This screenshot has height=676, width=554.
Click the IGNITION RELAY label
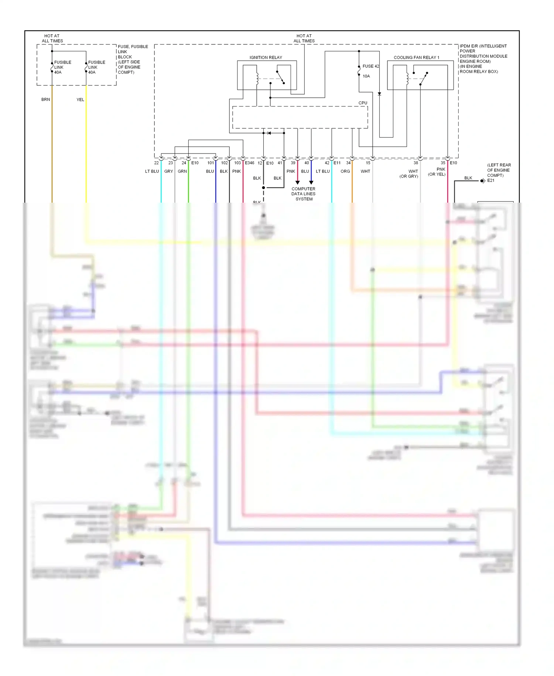(266, 57)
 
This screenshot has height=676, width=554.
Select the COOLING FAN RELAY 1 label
(416, 57)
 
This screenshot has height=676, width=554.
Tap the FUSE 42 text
(370, 66)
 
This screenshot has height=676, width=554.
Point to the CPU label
(363, 103)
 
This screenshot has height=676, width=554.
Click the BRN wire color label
(45, 99)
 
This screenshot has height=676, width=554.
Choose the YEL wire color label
(80, 99)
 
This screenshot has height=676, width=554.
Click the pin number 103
(237, 163)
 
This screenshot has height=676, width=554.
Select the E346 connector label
(250, 163)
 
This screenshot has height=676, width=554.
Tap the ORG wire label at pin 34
(345, 171)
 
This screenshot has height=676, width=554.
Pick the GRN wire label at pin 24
(182, 171)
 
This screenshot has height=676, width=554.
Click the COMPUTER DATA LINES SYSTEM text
(304, 194)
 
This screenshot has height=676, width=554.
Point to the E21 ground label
(490, 180)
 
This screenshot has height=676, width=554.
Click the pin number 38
(415, 163)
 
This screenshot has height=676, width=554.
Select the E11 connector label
(337, 163)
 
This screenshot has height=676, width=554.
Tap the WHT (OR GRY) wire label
(409, 174)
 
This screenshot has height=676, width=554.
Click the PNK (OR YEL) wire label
(437, 172)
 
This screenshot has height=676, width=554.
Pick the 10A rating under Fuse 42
(366, 76)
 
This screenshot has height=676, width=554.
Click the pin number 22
(156, 163)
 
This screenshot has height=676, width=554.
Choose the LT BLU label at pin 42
(322, 171)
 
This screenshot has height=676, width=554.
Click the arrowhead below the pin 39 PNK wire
(297, 182)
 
